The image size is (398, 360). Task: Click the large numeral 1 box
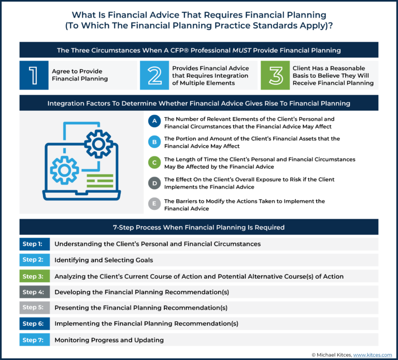[34, 76]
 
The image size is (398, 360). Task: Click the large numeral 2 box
[154, 76]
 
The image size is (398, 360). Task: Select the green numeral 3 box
[275, 76]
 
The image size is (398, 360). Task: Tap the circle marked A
[154, 122]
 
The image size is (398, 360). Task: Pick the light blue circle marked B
[154, 142]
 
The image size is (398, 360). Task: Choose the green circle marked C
[154, 163]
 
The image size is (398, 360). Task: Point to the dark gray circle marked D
[154, 183]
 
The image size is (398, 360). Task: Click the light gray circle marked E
[154, 204]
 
